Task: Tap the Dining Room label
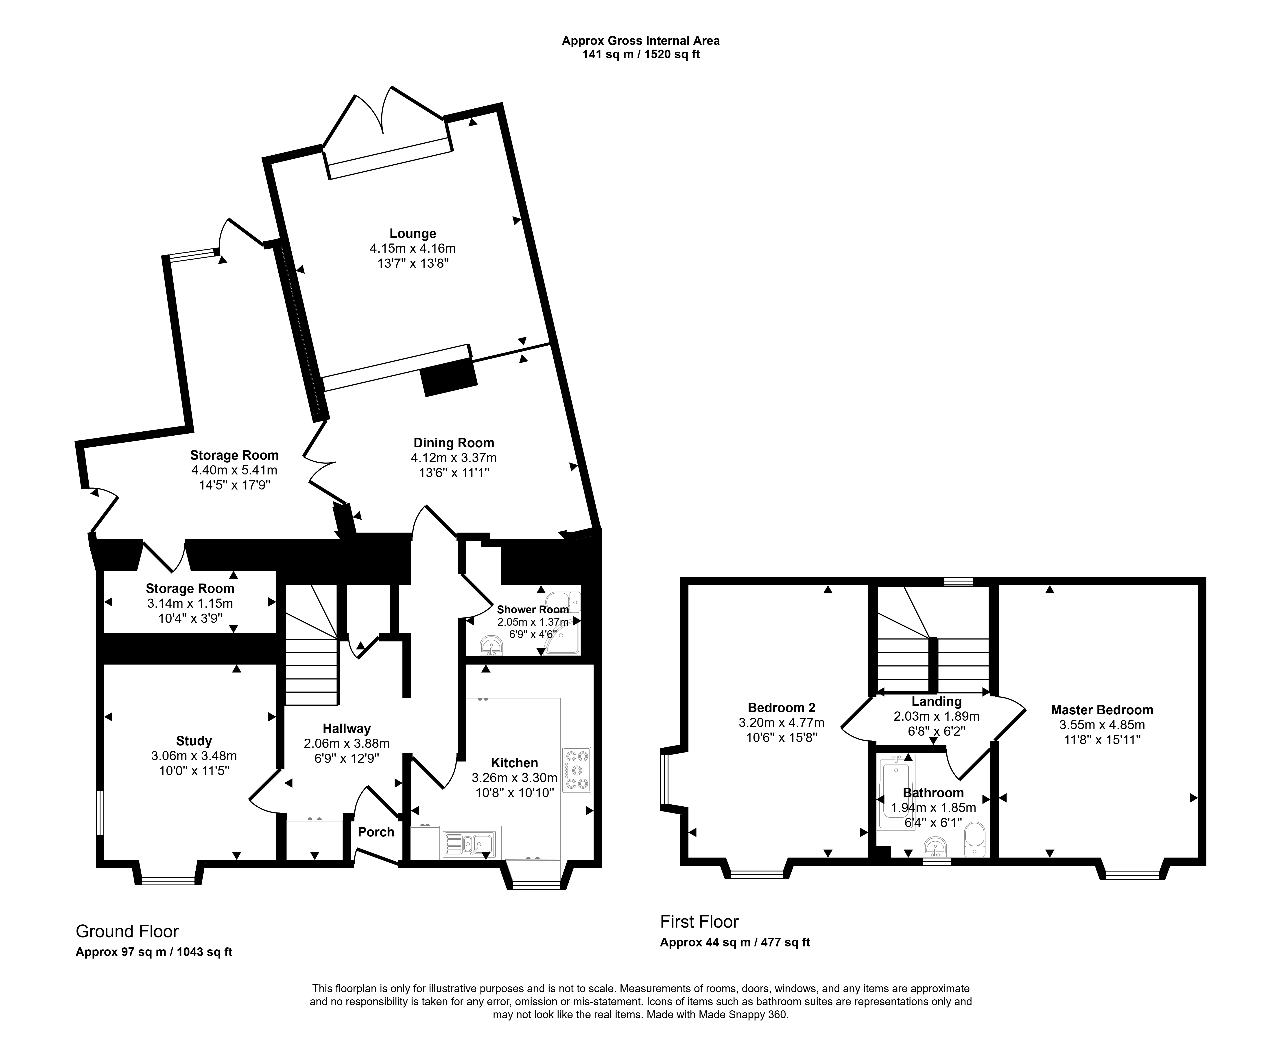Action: point(454,443)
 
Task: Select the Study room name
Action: point(194,742)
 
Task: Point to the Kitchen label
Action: point(515,763)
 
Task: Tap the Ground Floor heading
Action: point(127,932)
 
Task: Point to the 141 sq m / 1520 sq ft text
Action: point(641,54)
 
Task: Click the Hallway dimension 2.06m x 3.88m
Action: point(347,744)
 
